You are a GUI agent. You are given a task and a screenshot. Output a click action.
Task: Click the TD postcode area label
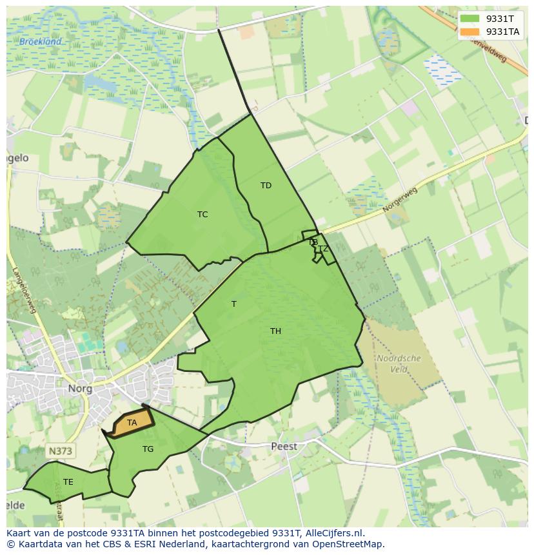click(266, 186)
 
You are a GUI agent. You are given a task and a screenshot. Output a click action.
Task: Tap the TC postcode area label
click(203, 215)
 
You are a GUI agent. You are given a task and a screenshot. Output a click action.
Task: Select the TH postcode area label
click(275, 331)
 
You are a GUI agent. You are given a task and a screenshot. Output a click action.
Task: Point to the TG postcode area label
click(148, 449)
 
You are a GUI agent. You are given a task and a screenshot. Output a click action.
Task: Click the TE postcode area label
click(68, 482)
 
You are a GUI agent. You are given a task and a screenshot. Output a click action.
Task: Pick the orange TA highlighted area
click(132, 423)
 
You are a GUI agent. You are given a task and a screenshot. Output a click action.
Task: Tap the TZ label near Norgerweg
click(323, 249)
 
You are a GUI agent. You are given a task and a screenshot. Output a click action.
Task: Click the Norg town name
click(81, 389)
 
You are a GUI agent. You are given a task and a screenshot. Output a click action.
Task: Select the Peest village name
click(284, 446)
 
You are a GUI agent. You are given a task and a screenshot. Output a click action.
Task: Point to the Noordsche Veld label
click(399, 364)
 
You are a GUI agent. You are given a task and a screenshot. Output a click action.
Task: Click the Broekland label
click(40, 42)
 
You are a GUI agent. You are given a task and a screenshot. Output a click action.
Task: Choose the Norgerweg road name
click(400, 200)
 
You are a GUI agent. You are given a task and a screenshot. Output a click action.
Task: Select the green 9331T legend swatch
click(470, 19)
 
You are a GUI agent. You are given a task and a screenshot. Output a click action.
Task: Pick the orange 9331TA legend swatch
click(470, 32)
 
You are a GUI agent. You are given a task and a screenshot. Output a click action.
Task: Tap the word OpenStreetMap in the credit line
click(350, 544)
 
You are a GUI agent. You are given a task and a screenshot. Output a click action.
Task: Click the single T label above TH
click(234, 304)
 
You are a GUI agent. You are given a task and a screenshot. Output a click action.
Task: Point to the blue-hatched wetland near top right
click(442, 70)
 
